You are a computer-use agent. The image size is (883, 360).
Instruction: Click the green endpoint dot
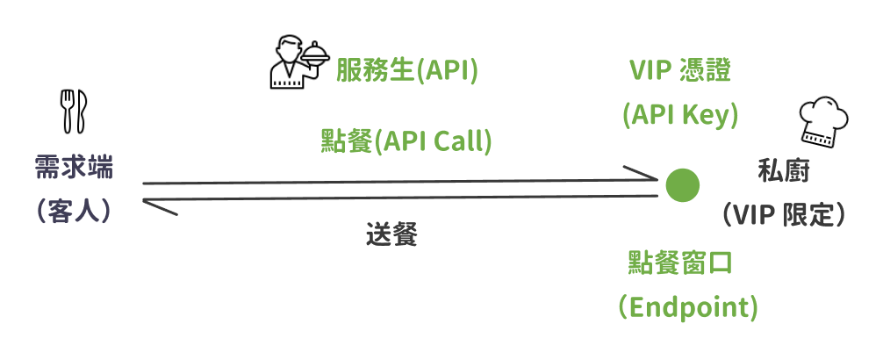tap(682, 184)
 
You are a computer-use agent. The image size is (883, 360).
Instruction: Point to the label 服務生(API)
tap(406, 71)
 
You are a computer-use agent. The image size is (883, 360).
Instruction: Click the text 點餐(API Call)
tap(406, 141)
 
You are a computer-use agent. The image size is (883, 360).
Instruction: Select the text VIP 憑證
tap(679, 71)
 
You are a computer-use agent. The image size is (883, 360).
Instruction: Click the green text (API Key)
tap(679, 115)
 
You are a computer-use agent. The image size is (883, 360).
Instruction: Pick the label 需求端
tap(74, 166)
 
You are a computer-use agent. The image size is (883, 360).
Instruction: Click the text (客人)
tap(74, 211)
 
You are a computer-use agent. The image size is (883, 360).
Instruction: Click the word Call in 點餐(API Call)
tap(463, 141)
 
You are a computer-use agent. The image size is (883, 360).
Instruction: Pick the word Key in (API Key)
tap(708, 115)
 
